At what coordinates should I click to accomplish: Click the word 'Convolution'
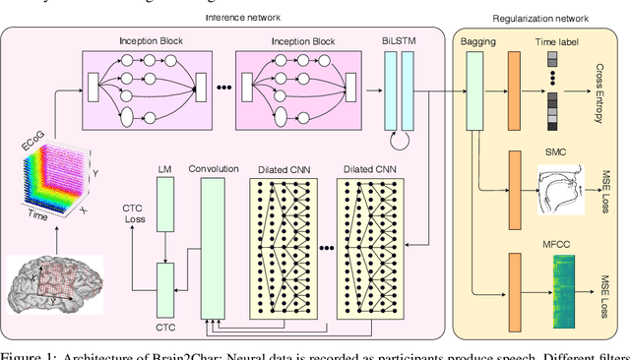click(x=214, y=168)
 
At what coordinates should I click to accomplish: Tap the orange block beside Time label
click(x=513, y=90)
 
